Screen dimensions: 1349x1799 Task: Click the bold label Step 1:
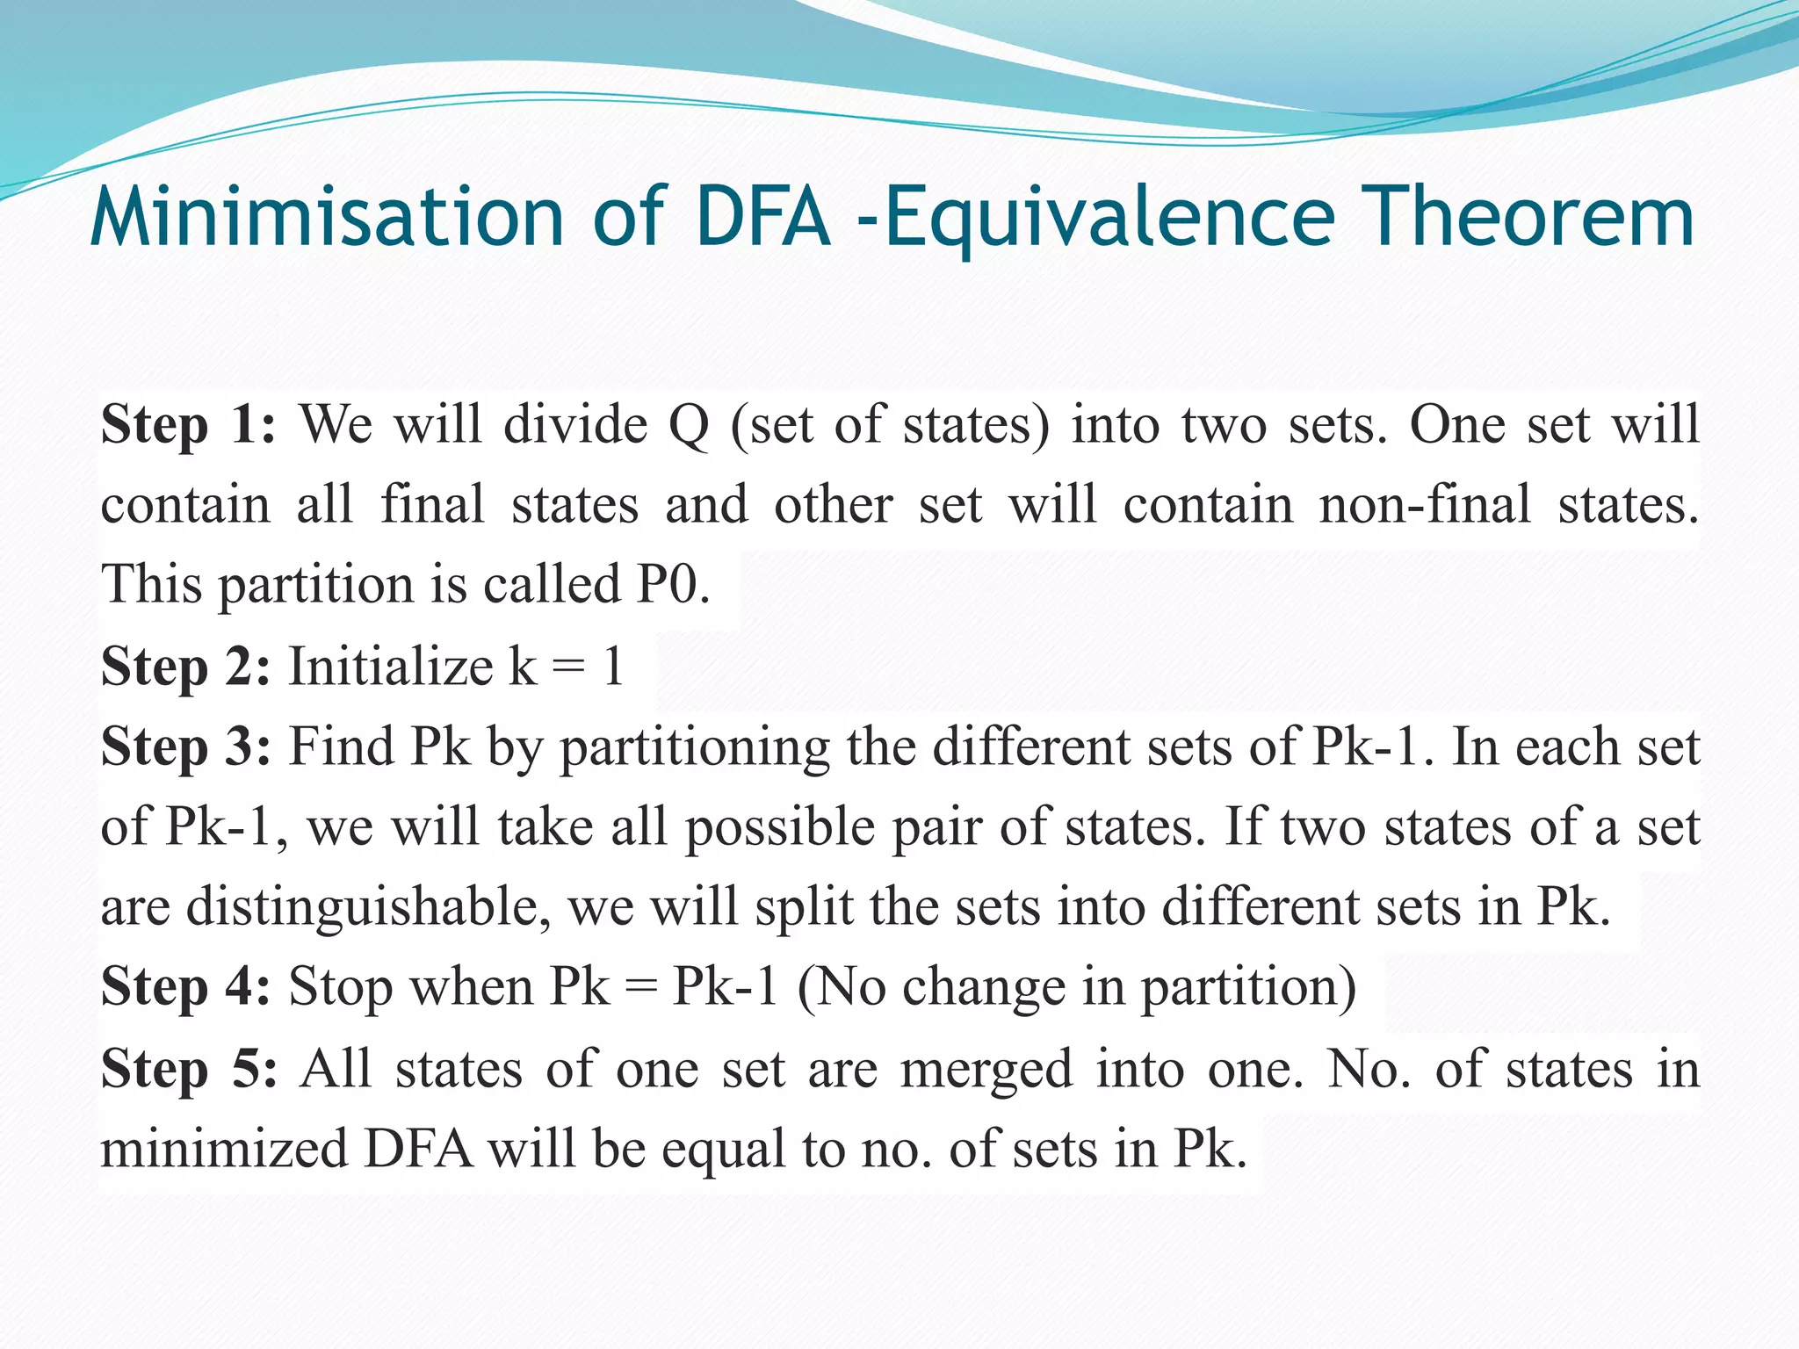pos(188,425)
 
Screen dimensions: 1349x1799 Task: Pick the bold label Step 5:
pos(188,1069)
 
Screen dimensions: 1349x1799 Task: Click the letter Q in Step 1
pos(689,425)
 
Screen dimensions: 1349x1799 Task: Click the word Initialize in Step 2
pos(391,666)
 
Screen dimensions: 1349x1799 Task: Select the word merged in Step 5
pos(986,1070)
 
